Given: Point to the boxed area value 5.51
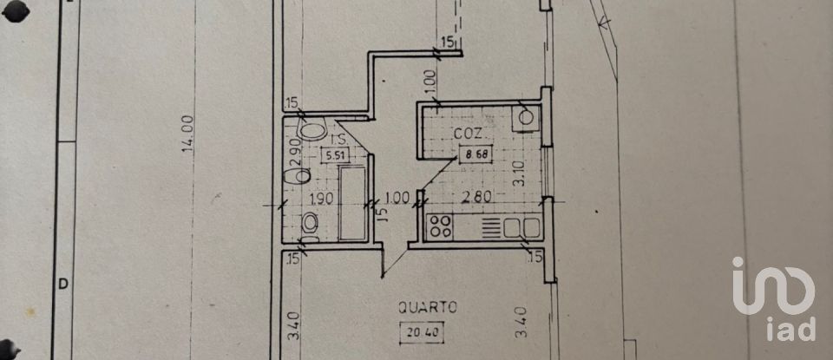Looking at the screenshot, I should [332, 156].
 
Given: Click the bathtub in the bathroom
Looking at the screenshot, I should [353, 204].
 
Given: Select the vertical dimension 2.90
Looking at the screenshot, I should [294, 145].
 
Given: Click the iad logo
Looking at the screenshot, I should [774, 299].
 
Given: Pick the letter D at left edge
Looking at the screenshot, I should [62, 283].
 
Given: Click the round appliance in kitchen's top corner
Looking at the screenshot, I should [525, 118].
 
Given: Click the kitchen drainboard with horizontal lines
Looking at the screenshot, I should [489, 228].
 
